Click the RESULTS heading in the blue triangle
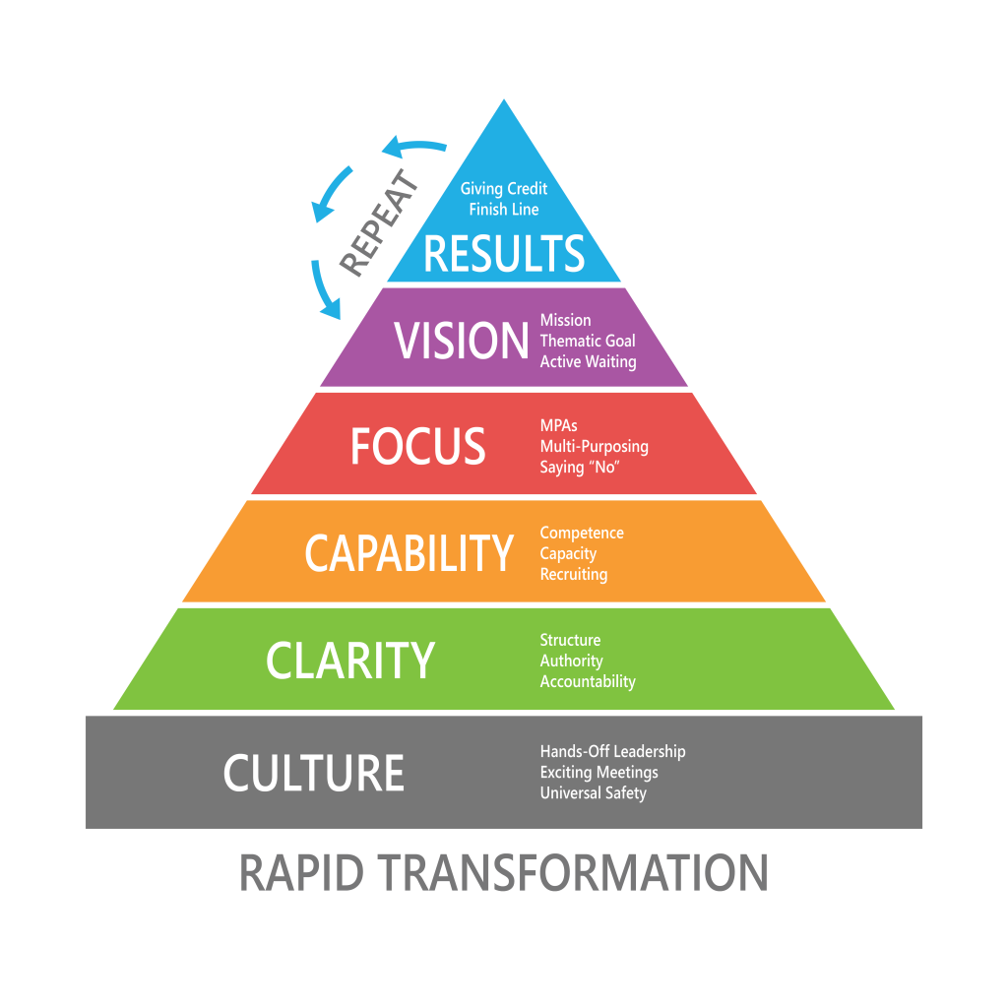click(x=504, y=253)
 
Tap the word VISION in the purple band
click(x=462, y=341)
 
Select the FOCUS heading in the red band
click(x=418, y=446)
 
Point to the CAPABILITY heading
click(x=409, y=553)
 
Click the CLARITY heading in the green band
click(x=350, y=661)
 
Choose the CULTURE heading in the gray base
click(x=314, y=773)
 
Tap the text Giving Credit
click(x=504, y=188)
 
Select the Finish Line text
click(x=504, y=209)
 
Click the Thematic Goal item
click(x=588, y=341)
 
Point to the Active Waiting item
click(x=588, y=361)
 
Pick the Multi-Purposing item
click(x=594, y=446)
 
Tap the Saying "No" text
click(x=578, y=468)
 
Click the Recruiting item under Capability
click(x=574, y=574)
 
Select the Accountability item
click(x=588, y=681)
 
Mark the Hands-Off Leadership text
click(x=612, y=751)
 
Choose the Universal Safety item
click(x=593, y=792)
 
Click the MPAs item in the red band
click(x=559, y=425)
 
